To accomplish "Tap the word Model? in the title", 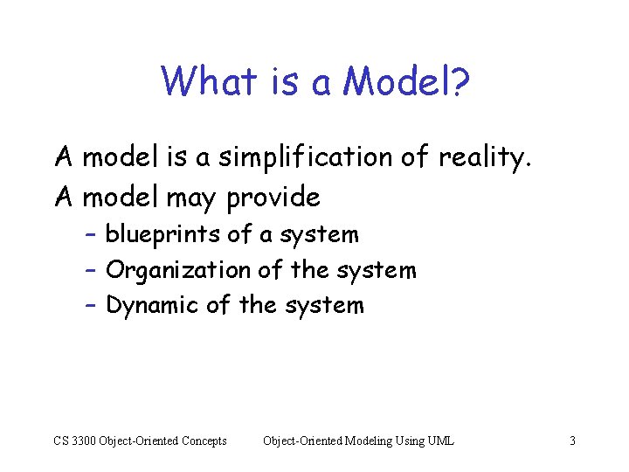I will pos(406,82).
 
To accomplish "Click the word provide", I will pos(273,198).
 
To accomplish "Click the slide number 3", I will pos(572,441).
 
